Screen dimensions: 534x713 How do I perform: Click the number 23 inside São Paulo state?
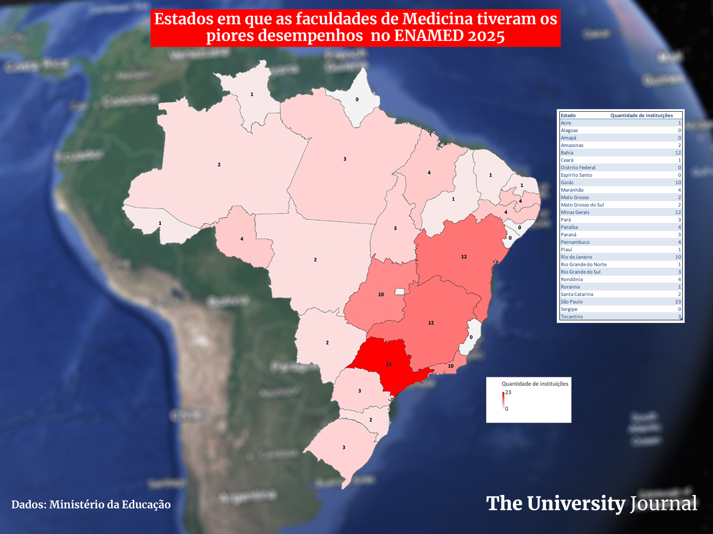pyautogui.click(x=389, y=364)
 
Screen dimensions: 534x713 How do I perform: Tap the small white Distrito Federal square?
pyautogui.click(x=399, y=291)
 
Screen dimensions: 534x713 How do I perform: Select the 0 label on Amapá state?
pyautogui.click(x=357, y=100)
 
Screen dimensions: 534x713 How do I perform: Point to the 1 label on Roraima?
pyautogui.click(x=252, y=94)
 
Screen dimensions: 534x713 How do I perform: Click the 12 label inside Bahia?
pyautogui.click(x=463, y=257)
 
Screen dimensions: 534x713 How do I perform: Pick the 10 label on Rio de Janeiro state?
pyautogui.click(x=451, y=366)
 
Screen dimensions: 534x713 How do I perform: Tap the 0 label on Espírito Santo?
pyautogui.click(x=471, y=337)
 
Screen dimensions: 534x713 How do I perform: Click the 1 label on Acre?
pyautogui.click(x=160, y=223)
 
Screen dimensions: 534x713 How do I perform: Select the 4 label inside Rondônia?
pyautogui.click(x=242, y=239)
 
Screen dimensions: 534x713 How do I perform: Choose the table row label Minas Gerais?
pyautogui.click(x=575, y=212)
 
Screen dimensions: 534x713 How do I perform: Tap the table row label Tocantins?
pyautogui.click(x=572, y=317)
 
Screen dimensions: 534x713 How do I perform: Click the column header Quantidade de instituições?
pyautogui.click(x=641, y=115)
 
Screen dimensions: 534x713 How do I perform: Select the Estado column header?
pyautogui.click(x=568, y=115)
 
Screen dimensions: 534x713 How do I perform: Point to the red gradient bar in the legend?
pyautogui.click(x=503, y=400)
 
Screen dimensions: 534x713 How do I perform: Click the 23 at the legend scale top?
pyautogui.click(x=508, y=392)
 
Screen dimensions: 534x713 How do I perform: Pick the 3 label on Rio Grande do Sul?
pyautogui.click(x=344, y=447)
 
